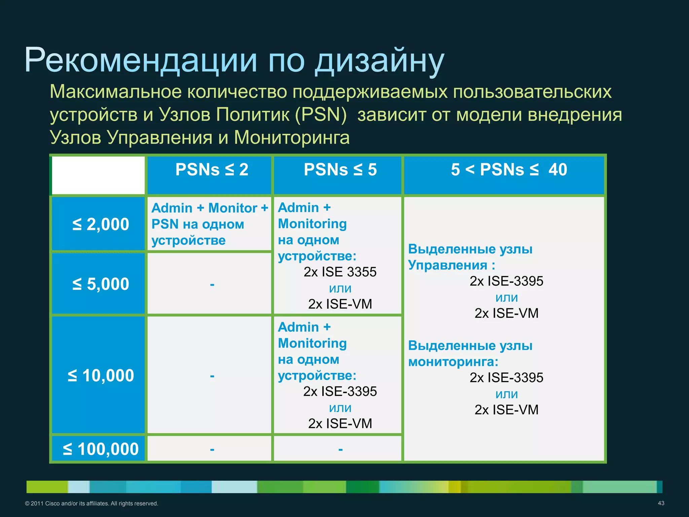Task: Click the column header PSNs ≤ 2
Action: tap(212, 170)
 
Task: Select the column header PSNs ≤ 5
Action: tap(340, 170)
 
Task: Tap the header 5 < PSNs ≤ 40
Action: tap(509, 170)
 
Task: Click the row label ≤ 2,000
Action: tap(101, 224)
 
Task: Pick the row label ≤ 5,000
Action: tap(101, 284)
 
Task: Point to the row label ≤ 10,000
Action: tap(101, 375)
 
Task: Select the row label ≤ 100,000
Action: tap(101, 449)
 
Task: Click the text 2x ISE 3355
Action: tap(340, 272)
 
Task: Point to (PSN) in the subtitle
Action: tap(321, 114)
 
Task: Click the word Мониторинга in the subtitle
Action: tap(292, 137)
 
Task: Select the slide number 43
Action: tap(661, 503)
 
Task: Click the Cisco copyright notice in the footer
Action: tap(92, 504)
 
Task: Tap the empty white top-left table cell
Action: tap(98, 175)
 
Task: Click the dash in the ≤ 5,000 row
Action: tap(212, 284)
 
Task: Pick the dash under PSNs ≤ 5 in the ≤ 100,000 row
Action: tap(340, 449)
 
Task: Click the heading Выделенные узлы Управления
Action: tap(470, 257)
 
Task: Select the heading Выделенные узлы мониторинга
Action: tap(470, 354)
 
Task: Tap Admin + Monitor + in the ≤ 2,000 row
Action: tap(210, 208)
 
